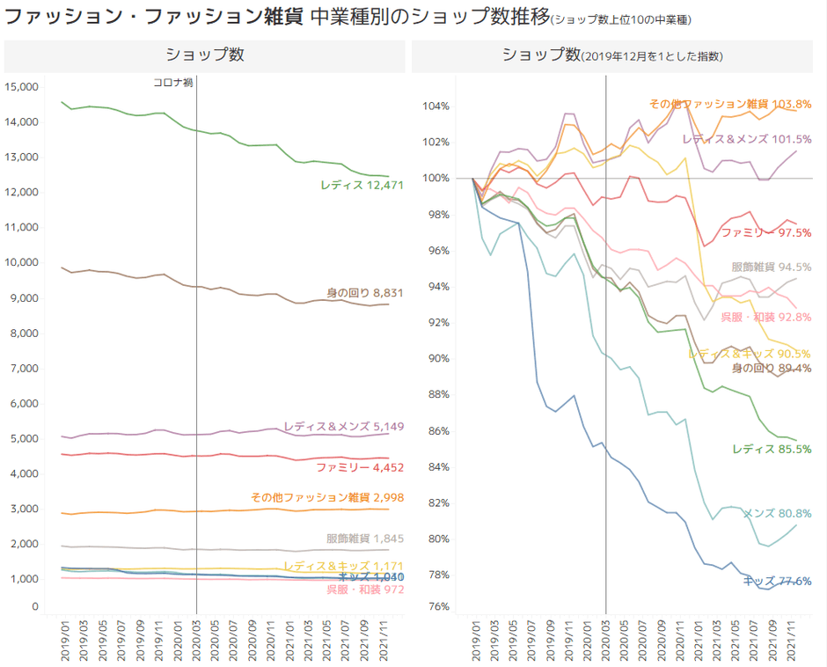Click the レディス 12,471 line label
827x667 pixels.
point(362,186)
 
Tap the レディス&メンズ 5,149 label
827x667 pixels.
point(343,427)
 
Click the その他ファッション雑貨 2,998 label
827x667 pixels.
point(327,497)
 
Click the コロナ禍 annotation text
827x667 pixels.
point(173,82)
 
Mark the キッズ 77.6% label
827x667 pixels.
point(777,582)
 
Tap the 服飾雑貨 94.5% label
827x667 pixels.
point(771,267)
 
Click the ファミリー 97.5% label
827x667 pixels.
point(765,233)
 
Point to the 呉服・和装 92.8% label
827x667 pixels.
point(765,317)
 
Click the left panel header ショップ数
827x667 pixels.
point(205,55)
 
